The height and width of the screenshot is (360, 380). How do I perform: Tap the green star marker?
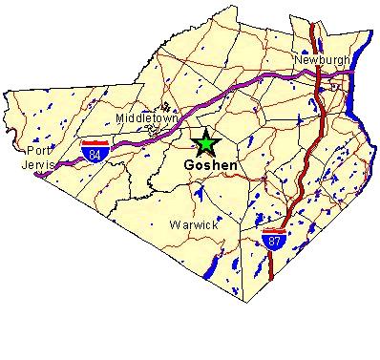[205, 144]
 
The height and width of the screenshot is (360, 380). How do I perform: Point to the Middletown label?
[144, 117]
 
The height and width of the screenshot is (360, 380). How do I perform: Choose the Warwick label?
[194, 225]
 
